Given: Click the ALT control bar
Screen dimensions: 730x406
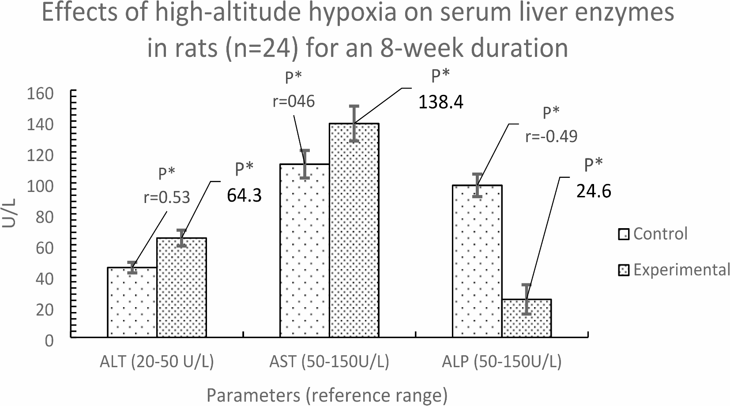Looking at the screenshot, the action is click(x=132, y=302).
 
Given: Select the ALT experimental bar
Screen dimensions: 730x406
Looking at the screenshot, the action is click(x=181, y=287).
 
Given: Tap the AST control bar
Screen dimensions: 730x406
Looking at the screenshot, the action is click(x=305, y=251).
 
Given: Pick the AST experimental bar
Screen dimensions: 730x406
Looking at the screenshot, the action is click(x=354, y=230).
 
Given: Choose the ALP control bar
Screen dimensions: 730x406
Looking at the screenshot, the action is click(x=477, y=261).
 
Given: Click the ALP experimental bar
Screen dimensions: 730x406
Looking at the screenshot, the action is click(x=527, y=318).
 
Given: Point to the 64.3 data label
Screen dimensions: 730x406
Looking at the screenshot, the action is click(x=245, y=196).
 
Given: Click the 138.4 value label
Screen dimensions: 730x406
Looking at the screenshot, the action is click(x=440, y=102).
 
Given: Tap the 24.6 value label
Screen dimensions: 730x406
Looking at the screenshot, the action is click(x=594, y=191).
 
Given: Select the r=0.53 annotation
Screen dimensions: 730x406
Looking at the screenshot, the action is click(x=166, y=197).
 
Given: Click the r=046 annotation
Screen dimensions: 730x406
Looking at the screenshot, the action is click(x=294, y=101).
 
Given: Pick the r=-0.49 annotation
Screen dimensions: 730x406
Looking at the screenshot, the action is click(x=551, y=136).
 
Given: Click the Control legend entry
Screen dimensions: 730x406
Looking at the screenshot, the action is click(x=653, y=233).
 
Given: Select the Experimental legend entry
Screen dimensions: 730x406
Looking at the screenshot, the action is click(x=674, y=270).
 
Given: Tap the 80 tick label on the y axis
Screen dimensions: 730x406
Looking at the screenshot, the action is click(x=45, y=217).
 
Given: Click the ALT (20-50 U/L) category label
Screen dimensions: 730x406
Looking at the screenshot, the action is click(x=157, y=362).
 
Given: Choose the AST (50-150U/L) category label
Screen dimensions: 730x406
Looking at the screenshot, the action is click(x=329, y=362).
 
